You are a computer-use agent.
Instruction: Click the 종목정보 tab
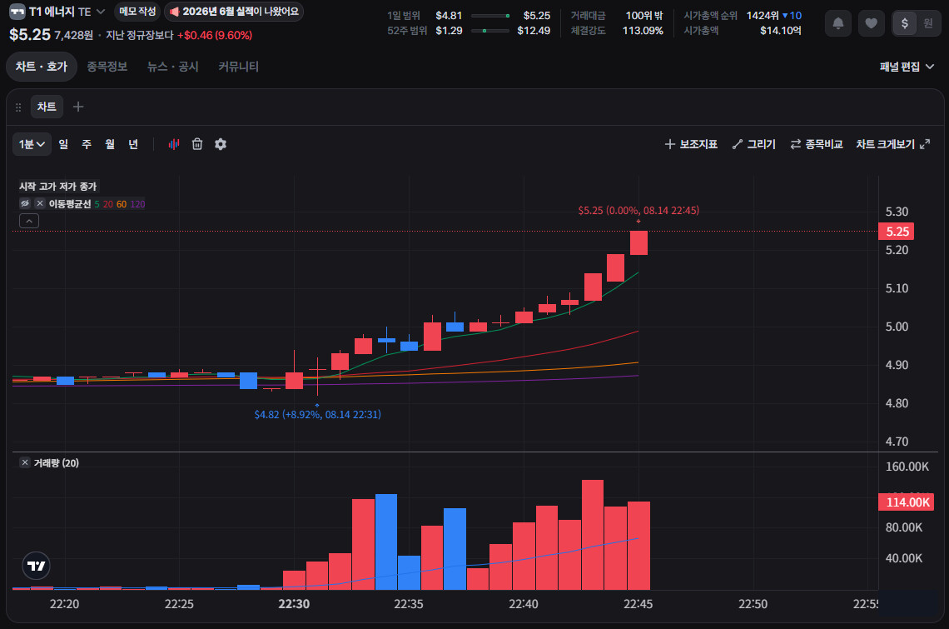click(107, 67)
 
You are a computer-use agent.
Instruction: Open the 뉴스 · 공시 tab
click(173, 67)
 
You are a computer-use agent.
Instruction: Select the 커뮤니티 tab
click(238, 67)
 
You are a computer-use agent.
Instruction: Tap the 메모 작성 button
click(137, 12)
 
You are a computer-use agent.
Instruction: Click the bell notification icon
click(838, 23)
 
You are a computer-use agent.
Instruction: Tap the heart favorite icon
click(871, 23)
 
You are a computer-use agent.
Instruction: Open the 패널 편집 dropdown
click(907, 67)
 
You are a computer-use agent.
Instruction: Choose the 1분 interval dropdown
click(32, 144)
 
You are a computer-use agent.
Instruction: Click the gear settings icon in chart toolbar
click(221, 144)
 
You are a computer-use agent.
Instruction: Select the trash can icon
click(197, 144)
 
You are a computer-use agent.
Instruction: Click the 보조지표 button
click(691, 144)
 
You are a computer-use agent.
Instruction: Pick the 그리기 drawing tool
click(754, 144)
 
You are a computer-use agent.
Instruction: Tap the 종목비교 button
click(817, 144)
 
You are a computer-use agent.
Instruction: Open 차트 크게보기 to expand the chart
click(892, 144)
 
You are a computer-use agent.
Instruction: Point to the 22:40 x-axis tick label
click(524, 604)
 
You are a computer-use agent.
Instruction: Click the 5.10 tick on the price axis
click(897, 288)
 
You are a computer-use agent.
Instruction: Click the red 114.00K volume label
click(906, 502)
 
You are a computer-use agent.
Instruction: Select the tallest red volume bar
click(593, 535)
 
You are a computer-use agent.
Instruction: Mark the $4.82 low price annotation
click(318, 415)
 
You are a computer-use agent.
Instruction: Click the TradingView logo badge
click(37, 566)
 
